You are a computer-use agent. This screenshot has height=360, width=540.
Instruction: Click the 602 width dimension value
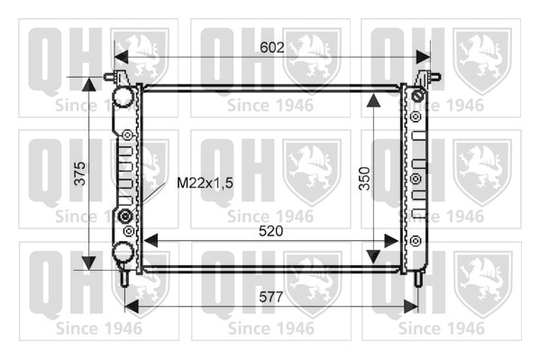[x=272, y=48]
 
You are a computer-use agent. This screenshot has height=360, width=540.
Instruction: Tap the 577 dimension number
[x=271, y=297]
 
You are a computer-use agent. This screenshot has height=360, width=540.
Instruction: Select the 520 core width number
[x=271, y=231]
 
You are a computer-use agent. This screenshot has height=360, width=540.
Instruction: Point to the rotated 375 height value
[x=80, y=173]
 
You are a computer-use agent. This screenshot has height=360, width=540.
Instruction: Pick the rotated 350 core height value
[x=364, y=179]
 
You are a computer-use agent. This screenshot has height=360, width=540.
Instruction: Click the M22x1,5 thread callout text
[x=205, y=183]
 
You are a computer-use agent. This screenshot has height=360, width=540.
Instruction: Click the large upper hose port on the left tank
[x=123, y=96]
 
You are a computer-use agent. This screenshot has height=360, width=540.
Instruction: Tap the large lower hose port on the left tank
[x=123, y=252]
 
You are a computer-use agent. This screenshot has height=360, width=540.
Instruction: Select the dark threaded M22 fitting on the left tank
[x=124, y=217]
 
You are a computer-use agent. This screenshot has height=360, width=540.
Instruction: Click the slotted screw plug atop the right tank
[x=417, y=96]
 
